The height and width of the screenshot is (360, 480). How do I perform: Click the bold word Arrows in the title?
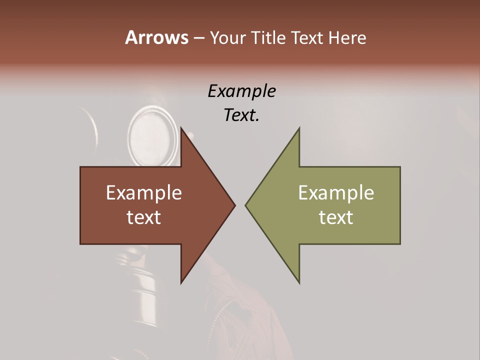[156, 37]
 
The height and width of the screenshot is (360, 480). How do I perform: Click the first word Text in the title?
[307, 38]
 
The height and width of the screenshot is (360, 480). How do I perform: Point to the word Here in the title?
[347, 38]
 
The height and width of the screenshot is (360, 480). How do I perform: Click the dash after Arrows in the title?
[198, 38]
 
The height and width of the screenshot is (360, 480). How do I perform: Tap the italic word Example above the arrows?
[241, 91]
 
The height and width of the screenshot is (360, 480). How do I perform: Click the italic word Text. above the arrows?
[241, 115]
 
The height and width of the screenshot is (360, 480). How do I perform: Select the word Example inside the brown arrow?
[144, 192]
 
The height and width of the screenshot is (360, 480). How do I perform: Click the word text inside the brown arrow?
[144, 217]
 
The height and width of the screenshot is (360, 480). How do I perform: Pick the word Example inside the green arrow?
[336, 192]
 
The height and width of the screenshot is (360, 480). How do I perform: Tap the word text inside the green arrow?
[336, 217]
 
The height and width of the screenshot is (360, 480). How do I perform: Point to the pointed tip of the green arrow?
[246, 205]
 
